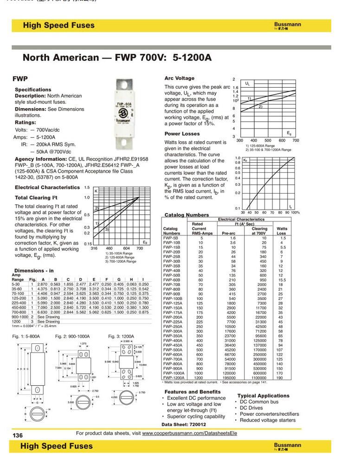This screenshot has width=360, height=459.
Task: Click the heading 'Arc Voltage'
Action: (180, 78)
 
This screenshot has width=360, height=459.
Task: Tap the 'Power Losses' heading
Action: (182, 134)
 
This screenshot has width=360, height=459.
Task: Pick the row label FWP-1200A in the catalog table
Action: (173, 378)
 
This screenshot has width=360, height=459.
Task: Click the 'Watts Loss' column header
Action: (282, 231)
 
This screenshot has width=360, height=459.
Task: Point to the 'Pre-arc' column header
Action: (229, 233)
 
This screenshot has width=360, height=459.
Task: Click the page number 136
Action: (18, 435)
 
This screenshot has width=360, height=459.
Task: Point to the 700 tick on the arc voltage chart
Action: (296, 140)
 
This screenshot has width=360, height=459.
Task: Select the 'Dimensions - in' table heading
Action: (34, 270)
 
